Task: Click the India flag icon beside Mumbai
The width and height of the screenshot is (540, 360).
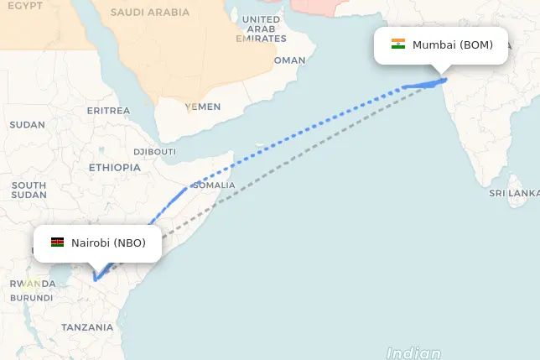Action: pyautogui.click(x=398, y=44)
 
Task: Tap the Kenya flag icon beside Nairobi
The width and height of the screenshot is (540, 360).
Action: pyautogui.click(x=58, y=243)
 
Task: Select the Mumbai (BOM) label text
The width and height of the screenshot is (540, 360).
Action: pyautogui.click(x=453, y=44)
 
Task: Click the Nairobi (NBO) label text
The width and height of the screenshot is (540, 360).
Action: pyautogui.click(x=108, y=243)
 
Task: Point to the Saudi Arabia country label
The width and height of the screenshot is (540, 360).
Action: pyautogui.click(x=150, y=13)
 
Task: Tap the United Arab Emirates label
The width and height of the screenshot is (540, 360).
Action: pyautogui.click(x=261, y=29)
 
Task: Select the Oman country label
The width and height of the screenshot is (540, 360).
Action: pyautogui.click(x=290, y=60)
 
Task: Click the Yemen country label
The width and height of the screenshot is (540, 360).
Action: pyautogui.click(x=202, y=107)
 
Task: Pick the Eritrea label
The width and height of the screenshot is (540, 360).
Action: pyautogui.click(x=108, y=111)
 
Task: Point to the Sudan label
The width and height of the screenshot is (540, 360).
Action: pyautogui.click(x=27, y=125)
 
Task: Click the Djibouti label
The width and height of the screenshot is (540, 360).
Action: pyautogui.click(x=154, y=152)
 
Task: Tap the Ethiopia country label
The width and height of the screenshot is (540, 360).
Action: pyautogui.click(x=115, y=167)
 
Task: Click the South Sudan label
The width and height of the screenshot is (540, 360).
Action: pyautogui.click(x=29, y=190)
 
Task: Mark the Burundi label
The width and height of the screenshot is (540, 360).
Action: pyautogui.click(x=32, y=298)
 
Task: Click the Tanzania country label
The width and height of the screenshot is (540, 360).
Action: pyautogui.click(x=87, y=327)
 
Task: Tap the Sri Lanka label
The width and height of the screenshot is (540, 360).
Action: pyautogui.click(x=514, y=193)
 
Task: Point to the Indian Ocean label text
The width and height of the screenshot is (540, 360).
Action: pyautogui.click(x=414, y=353)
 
